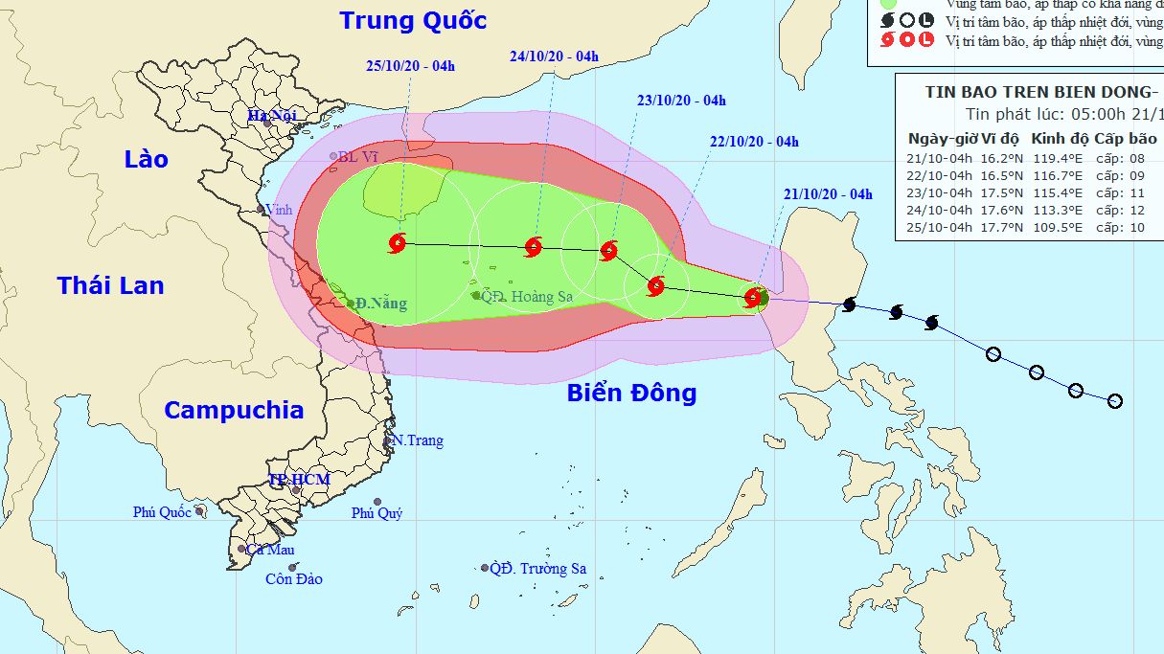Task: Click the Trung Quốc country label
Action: [413, 20]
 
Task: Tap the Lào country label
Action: [146, 159]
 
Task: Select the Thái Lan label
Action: [110, 284]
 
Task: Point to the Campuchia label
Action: [234, 410]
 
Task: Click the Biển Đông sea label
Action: [631, 393]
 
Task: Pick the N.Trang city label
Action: [418, 440]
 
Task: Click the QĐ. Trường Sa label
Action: [537, 569]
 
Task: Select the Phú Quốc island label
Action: [163, 512]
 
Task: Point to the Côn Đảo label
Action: [294, 578]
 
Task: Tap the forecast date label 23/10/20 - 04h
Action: [681, 100]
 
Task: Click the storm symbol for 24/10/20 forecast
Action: [534, 247]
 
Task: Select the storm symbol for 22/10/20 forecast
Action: [655, 285]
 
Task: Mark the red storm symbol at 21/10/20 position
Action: [754, 297]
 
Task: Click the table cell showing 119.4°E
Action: [1061, 159]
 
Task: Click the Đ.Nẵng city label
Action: [380, 304]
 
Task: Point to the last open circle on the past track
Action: [1114, 400]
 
